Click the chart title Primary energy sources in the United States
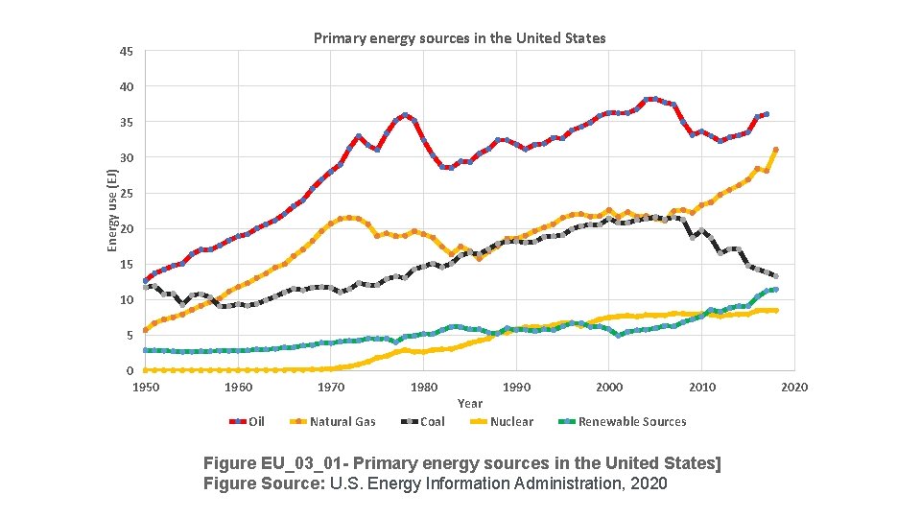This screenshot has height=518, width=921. coord(460,38)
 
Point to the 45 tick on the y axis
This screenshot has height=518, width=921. coord(127,52)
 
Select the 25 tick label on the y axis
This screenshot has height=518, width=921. coord(127,194)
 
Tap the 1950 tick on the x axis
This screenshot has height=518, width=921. coord(146,387)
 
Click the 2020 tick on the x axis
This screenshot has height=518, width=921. coord(794,387)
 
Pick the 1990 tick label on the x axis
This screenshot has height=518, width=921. coord(516,387)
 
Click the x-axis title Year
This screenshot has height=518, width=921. coord(470,404)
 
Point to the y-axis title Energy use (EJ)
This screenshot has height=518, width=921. coord(111,210)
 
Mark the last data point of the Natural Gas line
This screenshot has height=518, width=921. coord(775,150)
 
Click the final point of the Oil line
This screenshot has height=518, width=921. coord(766,114)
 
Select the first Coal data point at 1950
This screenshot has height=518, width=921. coord(146,287)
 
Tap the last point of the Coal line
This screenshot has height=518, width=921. coord(775,276)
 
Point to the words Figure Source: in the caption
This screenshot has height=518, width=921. coord(264,483)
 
